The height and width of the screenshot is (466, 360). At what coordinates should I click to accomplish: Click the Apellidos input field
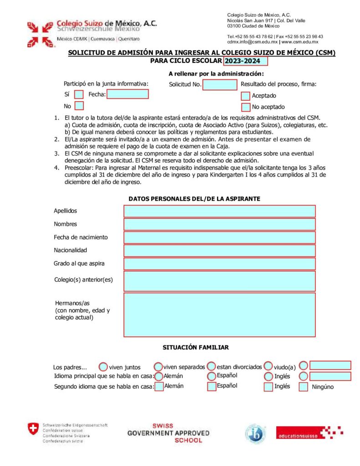pos(219,211)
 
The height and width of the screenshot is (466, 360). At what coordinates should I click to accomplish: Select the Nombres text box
pos(219,224)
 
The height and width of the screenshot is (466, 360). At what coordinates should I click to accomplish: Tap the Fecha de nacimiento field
pos(219,238)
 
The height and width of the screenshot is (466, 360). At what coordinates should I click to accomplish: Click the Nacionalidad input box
pos(219,250)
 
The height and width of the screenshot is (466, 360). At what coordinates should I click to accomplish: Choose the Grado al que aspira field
pos(219,263)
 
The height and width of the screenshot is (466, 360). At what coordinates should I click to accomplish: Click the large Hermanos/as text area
pos(219,315)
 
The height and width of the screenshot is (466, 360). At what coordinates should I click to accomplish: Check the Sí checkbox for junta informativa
pos(79,95)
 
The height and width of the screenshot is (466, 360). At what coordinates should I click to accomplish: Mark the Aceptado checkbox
pos(246,96)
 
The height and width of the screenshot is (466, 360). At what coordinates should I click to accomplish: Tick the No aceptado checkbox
pos(246,107)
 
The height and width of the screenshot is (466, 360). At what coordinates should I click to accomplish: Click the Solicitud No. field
pos(220,85)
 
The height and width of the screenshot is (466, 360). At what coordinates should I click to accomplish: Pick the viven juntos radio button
pos(103,367)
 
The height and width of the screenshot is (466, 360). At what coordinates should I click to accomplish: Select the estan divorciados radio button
pos(212,366)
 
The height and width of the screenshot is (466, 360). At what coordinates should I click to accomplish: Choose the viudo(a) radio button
pos(269,366)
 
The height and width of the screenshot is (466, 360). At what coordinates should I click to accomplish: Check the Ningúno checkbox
pos(304,387)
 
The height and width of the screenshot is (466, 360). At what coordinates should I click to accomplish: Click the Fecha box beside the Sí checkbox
pos(127,94)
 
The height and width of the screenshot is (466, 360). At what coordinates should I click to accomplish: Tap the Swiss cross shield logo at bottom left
pos(33,429)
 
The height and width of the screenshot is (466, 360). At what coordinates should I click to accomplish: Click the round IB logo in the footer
pos(255,433)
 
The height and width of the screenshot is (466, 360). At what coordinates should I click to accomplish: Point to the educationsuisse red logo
pos(309,433)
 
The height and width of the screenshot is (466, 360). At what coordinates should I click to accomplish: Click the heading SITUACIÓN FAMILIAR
pos(196,348)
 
